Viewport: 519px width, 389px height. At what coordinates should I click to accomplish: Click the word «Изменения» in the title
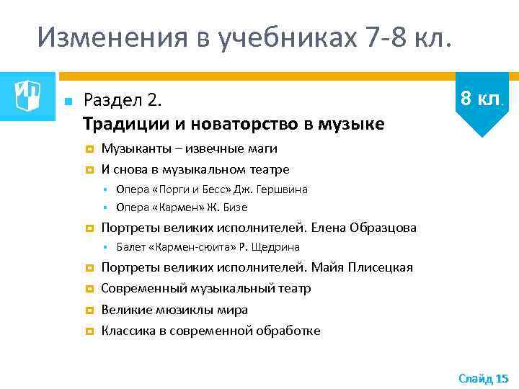[104, 37]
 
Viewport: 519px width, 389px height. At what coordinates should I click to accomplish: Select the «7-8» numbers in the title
[389, 37]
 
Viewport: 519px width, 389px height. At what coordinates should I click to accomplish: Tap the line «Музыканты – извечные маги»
[189, 148]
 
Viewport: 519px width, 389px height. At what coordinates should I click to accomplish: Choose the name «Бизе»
[235, 207]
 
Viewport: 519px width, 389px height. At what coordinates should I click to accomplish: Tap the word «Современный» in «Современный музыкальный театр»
[144, 289]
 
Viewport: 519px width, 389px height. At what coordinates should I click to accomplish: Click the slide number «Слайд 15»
[483, 377]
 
